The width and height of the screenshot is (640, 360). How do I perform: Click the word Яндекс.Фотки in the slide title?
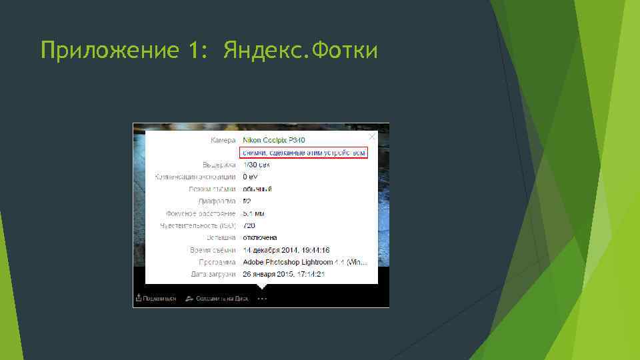point(301,50)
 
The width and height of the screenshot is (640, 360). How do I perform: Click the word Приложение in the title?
point(106,51)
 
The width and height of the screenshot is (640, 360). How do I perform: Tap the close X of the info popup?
point(372,136)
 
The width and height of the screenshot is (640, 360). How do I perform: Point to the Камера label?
point(223,140)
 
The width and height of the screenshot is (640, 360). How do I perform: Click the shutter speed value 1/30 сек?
point(257,164)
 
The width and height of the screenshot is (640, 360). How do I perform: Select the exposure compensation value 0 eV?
point(250,177)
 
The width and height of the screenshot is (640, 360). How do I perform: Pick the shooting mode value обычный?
point(257,189)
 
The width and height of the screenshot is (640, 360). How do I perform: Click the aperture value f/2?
point(247,201)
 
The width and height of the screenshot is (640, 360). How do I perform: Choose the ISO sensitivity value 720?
point(249,225)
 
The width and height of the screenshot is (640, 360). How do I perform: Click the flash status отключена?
point(260,237)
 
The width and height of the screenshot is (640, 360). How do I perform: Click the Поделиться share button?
point(157,299)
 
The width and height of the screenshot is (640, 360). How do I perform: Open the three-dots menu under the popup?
point(262,299)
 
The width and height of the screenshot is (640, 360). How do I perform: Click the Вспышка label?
point(220,237)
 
